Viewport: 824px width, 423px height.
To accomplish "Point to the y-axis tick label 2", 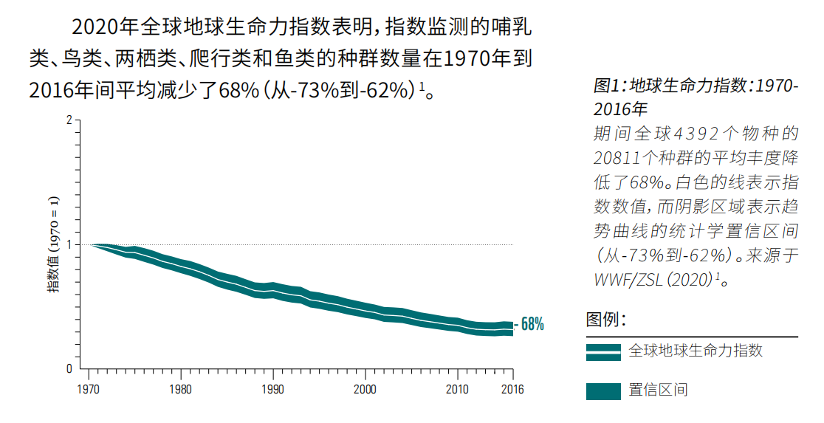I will [x=69, y=120].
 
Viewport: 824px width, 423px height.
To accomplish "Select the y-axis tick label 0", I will [x=69, y=368].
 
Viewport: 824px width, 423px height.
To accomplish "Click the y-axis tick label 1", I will [x=69, y=244].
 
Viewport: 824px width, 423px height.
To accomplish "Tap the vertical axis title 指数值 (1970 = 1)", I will [x=54, y=244].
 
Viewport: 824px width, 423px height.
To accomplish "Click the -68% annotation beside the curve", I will [x=529, y=324].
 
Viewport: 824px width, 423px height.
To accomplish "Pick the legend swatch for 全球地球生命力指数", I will [x=603, y=352].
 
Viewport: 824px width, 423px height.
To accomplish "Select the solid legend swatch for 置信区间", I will [x=603, y=391].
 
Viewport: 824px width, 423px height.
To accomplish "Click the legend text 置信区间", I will [x=658, y=390].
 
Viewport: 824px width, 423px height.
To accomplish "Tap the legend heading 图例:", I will [x=606, y=320].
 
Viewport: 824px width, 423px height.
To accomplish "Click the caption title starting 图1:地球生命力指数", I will [x=695, y=97].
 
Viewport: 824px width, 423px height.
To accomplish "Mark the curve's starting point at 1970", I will [x=91, y=244].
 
